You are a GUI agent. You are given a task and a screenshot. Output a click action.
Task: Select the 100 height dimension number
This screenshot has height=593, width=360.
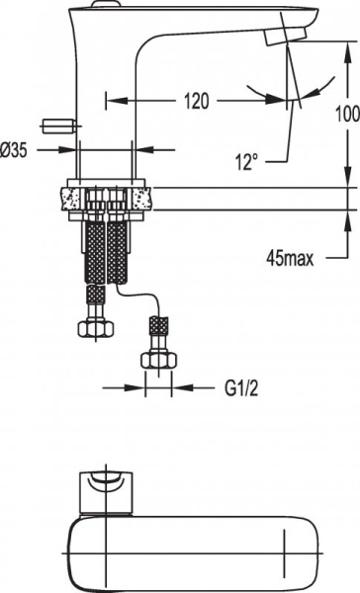click(x=346, y=115)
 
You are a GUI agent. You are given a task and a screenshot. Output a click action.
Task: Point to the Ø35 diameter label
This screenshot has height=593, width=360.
click(x=19, y=150)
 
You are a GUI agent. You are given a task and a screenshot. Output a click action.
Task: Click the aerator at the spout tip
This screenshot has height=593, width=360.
click(x=279, y=37)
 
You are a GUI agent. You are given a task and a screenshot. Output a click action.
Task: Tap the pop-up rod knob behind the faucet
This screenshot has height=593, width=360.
click(x=58, y=126)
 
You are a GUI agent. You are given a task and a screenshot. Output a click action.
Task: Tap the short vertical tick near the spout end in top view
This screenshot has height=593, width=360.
click(x=286, y=542)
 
